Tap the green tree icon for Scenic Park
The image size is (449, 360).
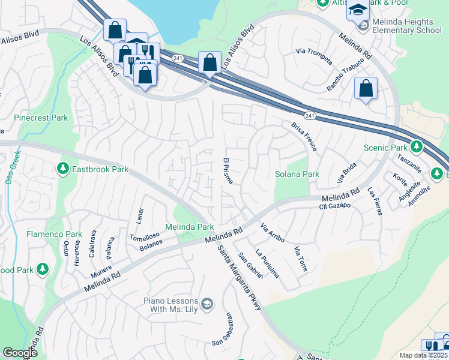[416, 147]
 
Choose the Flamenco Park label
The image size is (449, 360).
[54, 234]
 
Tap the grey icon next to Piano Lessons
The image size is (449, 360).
[208, 304]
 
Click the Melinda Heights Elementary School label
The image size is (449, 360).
[407, 25]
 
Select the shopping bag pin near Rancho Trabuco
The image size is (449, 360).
[366, 89]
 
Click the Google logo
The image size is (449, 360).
[20, 353]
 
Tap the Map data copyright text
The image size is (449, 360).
[424, 355]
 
